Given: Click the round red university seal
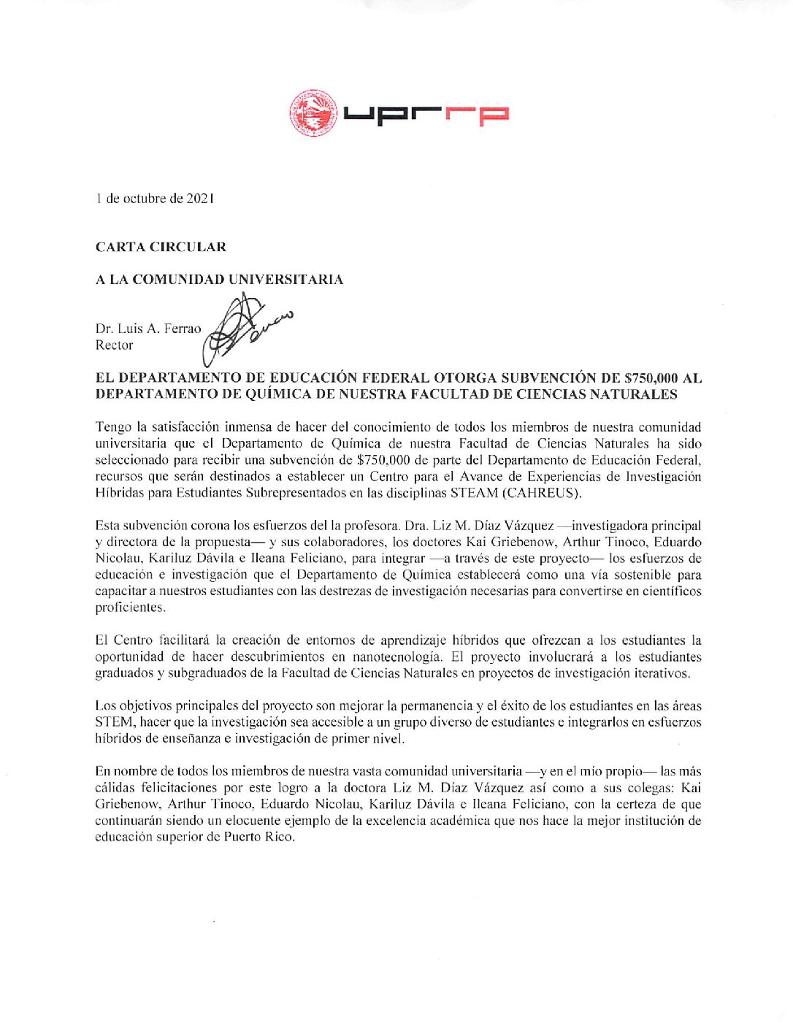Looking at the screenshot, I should click(x=313, y=113).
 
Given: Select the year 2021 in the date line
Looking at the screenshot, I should click(x=199, y=199).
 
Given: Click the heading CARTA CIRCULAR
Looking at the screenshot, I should click(x=161, y=247).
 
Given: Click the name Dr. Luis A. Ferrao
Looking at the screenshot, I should click(x=148, y=329).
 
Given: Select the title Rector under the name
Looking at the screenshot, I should click(x=114, y=345).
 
